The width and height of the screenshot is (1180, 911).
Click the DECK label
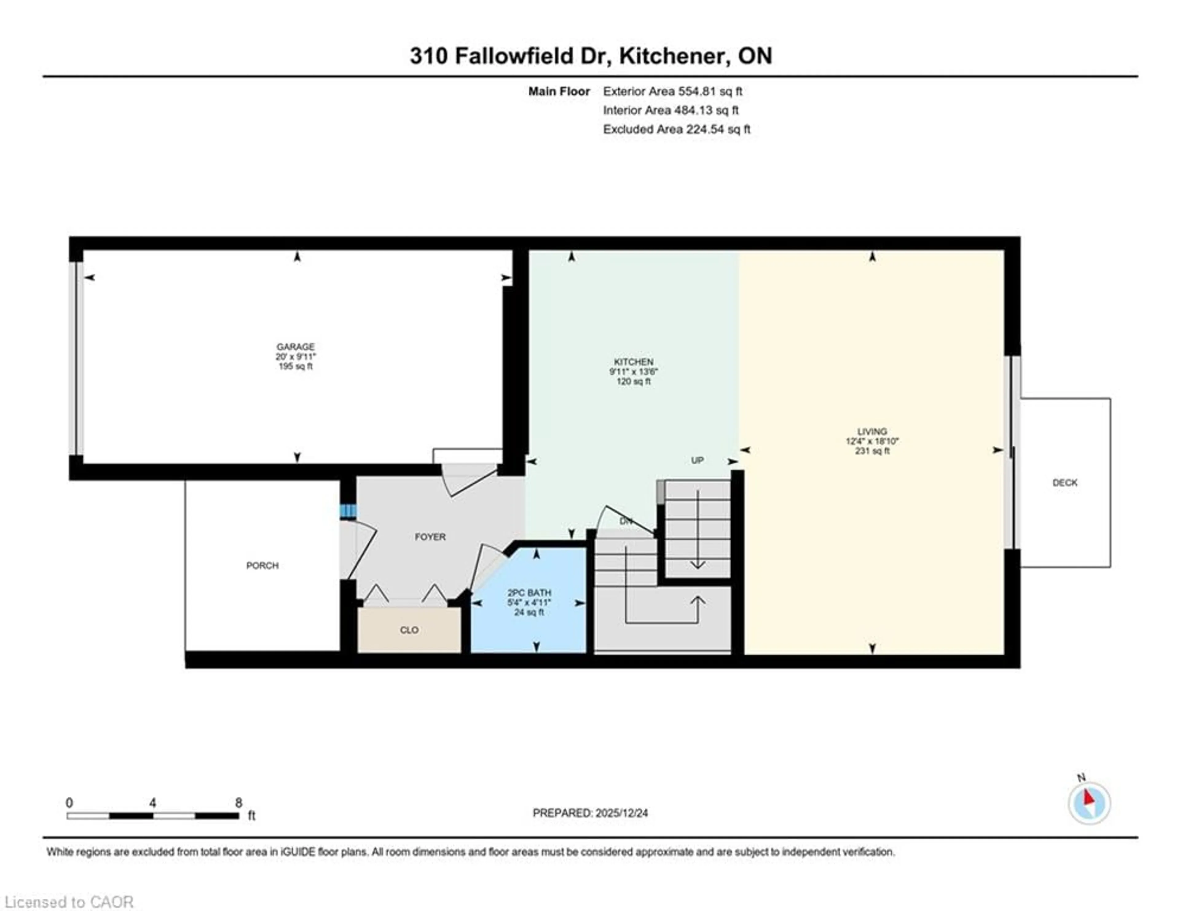click(1064, 483)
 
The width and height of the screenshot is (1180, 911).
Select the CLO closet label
click(409, 630)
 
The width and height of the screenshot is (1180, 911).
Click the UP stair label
click(697, 460)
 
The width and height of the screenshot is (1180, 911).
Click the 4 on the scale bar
click(153, 803)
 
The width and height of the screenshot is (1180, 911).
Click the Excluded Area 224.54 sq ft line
click(676, 129)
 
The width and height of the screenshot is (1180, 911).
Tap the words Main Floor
click(559, 91)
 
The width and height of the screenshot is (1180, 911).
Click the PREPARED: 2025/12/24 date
click(590, 813)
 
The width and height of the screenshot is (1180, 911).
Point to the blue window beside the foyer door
click(348, 511)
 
